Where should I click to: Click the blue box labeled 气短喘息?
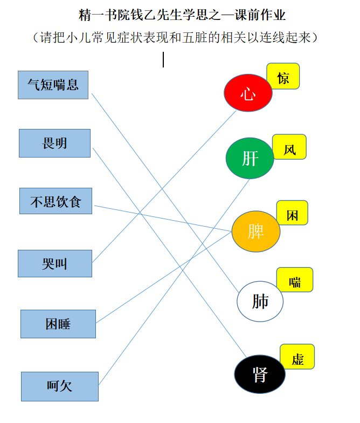[x=53, y=85]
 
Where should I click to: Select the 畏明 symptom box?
[x=55, y=144]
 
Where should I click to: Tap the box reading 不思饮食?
[x=56, y=201]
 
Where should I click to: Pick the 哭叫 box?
[x=55, y=263]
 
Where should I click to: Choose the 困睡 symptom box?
[x=58, y=324]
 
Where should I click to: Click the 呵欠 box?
[x=60, y=386]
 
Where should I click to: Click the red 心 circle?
[x=248, y=93]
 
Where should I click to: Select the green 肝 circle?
[x=250, y=159]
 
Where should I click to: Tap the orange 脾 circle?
[x=255, y=231]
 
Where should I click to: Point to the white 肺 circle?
[x=260, y=301]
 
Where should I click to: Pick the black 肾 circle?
[x=260, y=374]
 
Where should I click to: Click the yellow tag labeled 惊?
[x=283, y=76]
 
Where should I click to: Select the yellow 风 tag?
[x=289, y=147]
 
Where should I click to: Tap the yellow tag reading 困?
[x=292, y=213]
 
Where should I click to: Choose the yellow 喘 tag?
[x=295, y=279]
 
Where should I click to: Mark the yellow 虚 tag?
[x=297, y=357]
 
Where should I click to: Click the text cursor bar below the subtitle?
[x=163, y=59]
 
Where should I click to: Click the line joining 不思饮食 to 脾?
[x=163, y=219]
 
